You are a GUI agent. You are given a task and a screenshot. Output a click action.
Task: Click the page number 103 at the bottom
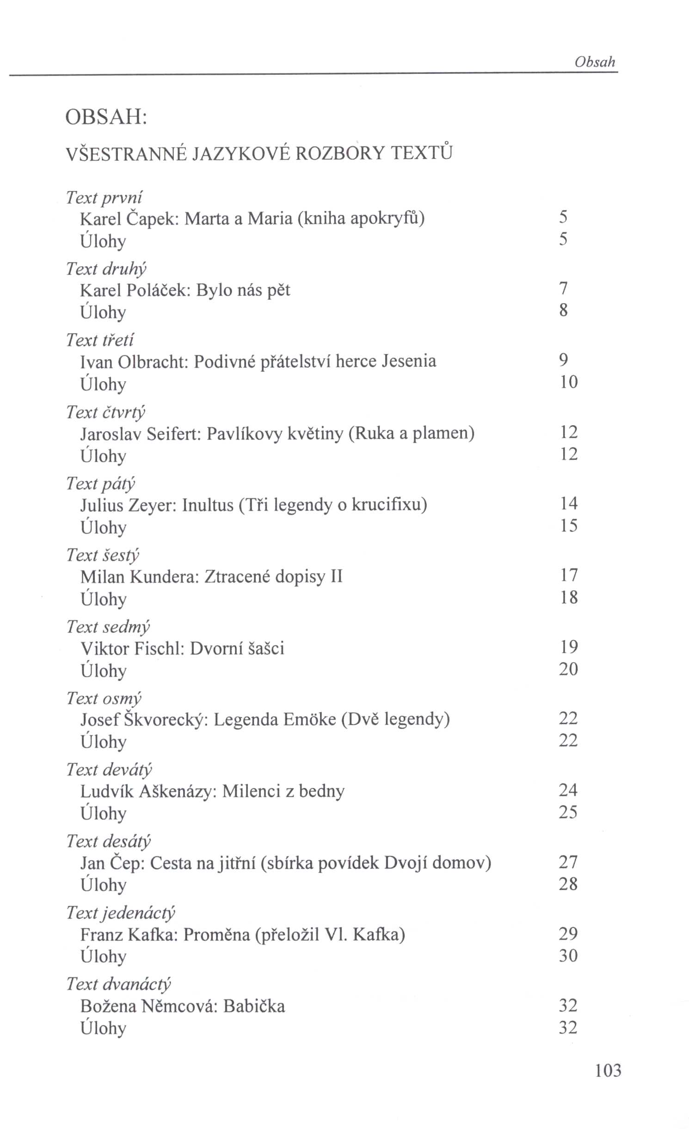pos(608,1070)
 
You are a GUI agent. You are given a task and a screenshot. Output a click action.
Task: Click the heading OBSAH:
pos(106,117)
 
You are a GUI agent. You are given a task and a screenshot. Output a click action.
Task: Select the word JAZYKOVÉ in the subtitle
pos(240,153)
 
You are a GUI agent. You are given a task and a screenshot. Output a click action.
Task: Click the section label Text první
pos(104,197)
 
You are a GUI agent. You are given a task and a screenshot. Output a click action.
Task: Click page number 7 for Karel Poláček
pos(563,288)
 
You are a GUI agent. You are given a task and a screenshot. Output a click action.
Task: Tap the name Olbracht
pos(151,361)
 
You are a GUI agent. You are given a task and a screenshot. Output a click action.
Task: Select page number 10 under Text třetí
pos(568,382)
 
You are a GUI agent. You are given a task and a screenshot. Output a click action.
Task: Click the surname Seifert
pos(173,433)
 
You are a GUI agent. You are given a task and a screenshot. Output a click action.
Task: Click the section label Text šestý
pos(102,555)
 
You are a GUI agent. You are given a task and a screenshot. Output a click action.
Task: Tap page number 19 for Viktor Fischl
pos(568,647)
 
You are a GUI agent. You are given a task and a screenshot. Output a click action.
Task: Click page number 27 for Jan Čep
pos(568,862)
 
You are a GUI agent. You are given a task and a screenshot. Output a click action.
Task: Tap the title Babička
pos(254,1006)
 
